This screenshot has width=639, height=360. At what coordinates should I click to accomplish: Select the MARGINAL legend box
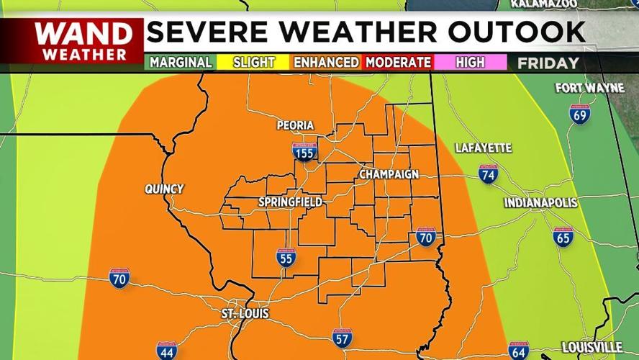(180, 63)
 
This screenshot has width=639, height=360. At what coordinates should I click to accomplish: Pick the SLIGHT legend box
(253, 63)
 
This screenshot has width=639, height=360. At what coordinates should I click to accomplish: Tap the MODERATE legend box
(398, 63)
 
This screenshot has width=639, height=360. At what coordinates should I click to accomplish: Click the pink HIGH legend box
(470, 63)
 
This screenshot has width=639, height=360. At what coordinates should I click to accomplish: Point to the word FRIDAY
(548, 63)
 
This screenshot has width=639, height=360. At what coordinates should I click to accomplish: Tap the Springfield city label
(290, 202)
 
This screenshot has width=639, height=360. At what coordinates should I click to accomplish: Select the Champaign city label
(389, 175)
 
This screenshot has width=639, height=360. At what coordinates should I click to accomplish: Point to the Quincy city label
(164, 189)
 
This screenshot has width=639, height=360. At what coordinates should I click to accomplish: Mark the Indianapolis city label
(540, 203)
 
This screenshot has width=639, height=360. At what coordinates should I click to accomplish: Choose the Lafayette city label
(484, 148)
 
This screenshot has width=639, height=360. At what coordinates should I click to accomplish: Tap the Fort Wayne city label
(589, 89)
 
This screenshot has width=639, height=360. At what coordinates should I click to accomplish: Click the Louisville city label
(592, 346)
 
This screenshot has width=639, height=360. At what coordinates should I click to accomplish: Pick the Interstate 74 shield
(488, 174)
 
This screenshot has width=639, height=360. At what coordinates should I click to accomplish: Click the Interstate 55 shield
(286, 257)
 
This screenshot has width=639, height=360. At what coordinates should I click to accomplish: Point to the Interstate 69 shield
(579, 114)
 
